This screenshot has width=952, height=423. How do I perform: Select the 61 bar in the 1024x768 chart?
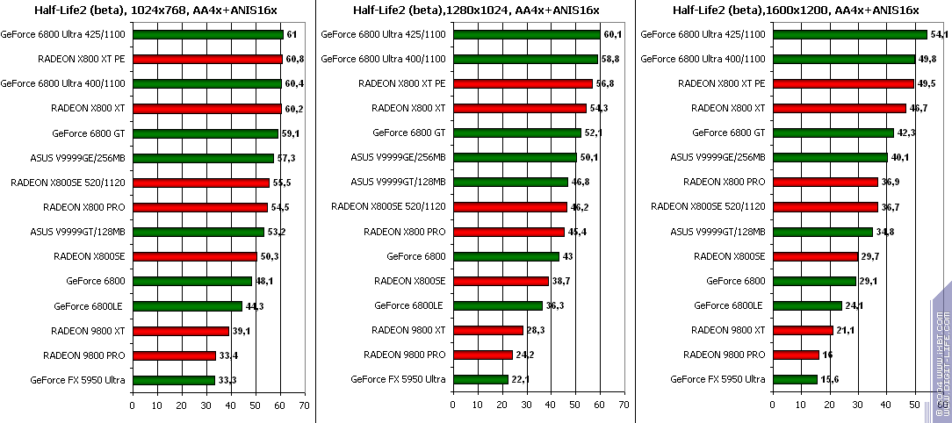[x=207, y=35]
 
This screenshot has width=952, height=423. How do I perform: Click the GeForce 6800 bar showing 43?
[x=506, y=257]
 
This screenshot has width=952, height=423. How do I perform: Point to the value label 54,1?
[x=940, y=35]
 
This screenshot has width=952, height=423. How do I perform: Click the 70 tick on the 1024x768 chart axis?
[x=304, y=405]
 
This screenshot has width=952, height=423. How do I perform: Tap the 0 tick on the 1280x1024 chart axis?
[x=452, y=405]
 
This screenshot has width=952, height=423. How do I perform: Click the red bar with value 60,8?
[x=207, y=60]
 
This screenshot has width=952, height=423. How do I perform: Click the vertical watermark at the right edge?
[x=942, y=351]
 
